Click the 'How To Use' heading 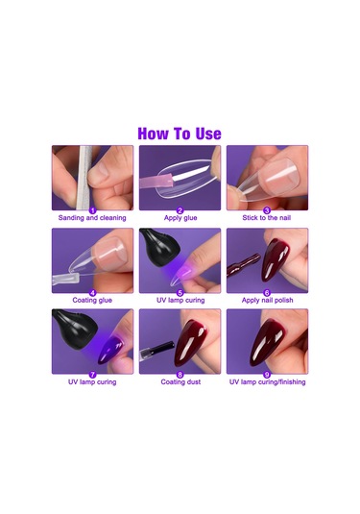tap(180, 134)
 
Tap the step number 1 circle tap(93, 210)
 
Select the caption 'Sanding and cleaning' tap(92, 218)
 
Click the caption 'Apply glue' tap(180, 218)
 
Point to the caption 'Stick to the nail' tap(267, 218)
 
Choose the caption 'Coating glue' tap(92, 300)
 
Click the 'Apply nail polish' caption tap(267, 300)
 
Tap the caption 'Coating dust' tap(180, 381)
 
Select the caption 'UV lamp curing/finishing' tap(267, 381)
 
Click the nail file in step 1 tap(85, 178)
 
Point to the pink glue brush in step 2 tap(156, 182)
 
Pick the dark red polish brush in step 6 tap(244, 264)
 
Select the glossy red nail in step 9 tap(266, 343)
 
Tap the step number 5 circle tap(180, 293)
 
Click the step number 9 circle tap(267, 375)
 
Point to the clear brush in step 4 tap(65, 280)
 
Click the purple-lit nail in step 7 tap(111, 350)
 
